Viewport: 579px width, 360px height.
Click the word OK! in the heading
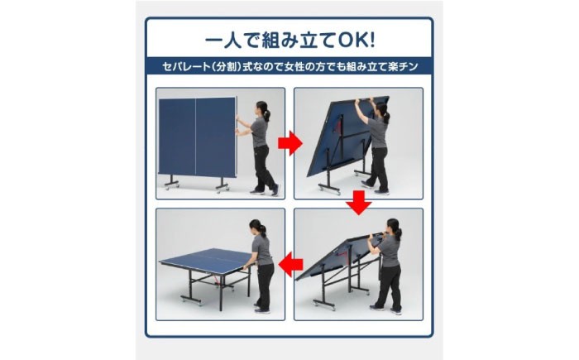click(x=356, y=41)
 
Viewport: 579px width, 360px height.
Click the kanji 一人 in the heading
click(x=223, y=41)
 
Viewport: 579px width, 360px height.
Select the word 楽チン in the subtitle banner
click(x=404, y=67)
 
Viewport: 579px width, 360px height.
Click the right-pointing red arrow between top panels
click(x=289, y=142)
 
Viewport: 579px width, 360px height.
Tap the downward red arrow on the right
click(x=358, y=203)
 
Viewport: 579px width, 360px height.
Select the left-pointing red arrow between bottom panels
click(x=290, y=265)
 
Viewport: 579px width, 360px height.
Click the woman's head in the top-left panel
click(x=262, y=108)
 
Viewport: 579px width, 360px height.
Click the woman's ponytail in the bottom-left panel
click(x=263, y=231)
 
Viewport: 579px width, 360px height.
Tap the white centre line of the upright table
click(x=195, y=136)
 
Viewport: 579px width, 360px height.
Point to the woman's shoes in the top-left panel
click(x=264, y=191)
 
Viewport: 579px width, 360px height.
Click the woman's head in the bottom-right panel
click(x=393, y=226)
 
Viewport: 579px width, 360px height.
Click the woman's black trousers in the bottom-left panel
click(x=265, y=286)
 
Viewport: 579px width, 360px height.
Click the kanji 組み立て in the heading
click(x=299, y=41)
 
